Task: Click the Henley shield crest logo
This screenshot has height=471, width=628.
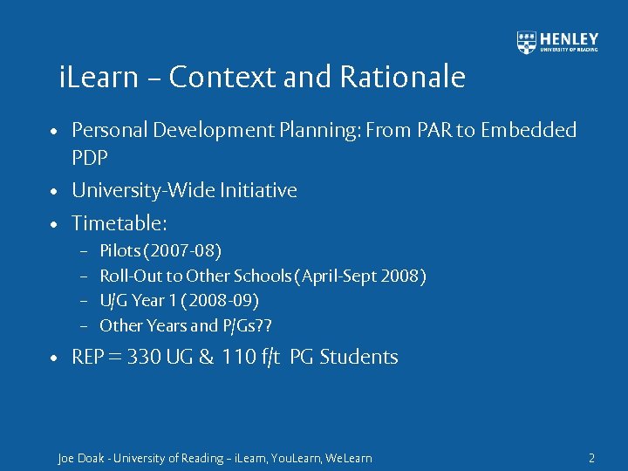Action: [527, 43]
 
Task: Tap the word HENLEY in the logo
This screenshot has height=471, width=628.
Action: [570, 38]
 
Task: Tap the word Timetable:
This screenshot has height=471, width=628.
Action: [119, 223]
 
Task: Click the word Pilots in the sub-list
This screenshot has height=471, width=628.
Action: [121, 251]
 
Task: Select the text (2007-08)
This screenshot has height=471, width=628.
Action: [184, 251]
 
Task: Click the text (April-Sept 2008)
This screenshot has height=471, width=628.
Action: [361, 276]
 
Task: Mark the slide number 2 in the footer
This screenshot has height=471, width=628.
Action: [591, 458]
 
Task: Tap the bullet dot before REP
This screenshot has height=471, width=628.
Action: [54, 358]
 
